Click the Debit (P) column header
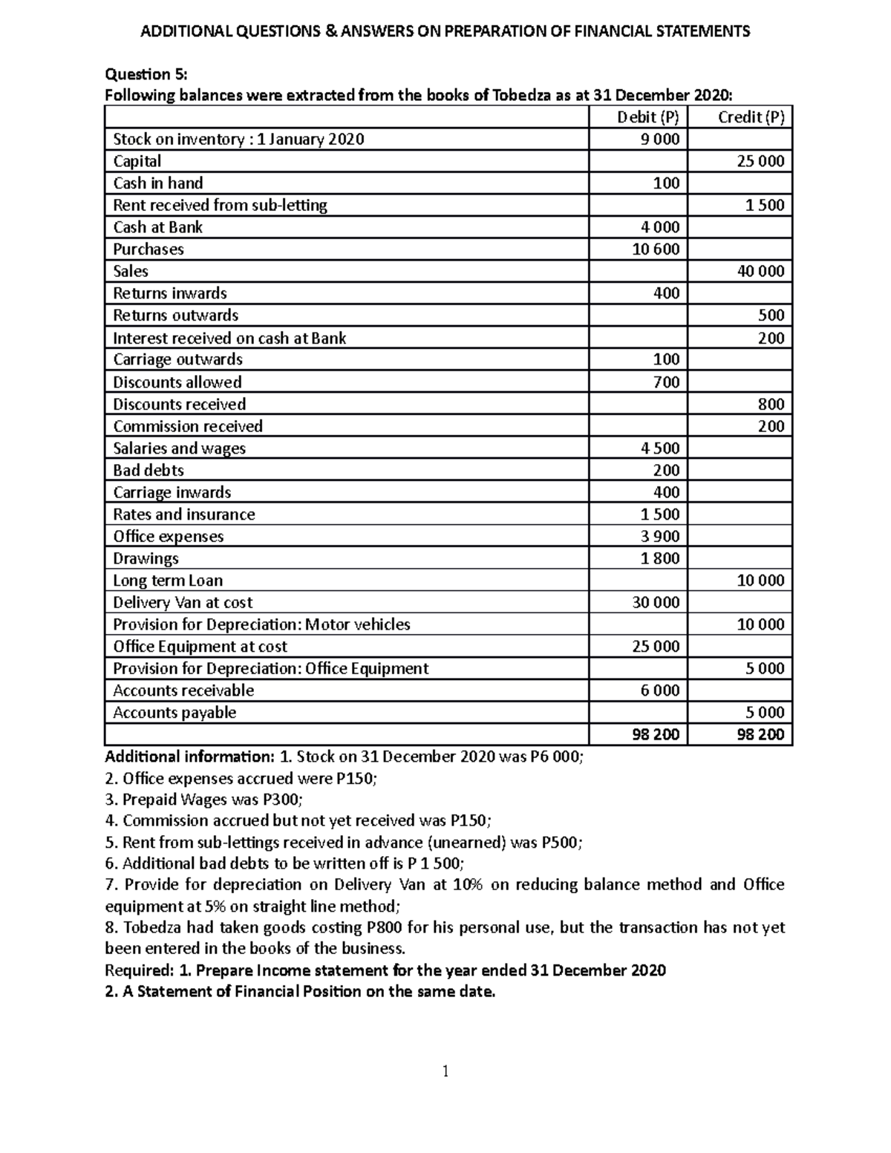pos(648,117)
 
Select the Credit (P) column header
pos(751,117)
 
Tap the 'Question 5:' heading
pos(146,74)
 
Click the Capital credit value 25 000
pos(760,161)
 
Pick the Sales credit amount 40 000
pos(760,271)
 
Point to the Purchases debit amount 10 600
pos(656,249)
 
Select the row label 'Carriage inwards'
pos(172,492)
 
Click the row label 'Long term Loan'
pos(168,581)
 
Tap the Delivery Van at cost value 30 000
pos(656,602)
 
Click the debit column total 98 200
pos(656,735)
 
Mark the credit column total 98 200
pos(760,735)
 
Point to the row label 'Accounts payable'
pos(174,713)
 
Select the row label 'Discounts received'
pos(179,404)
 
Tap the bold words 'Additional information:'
pos(189,757)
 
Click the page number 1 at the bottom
pos(446,1071)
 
